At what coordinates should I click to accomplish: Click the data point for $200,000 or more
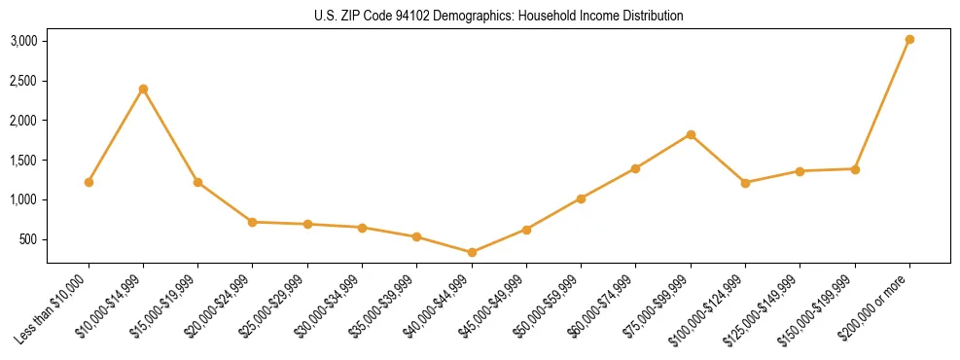pos(909,39)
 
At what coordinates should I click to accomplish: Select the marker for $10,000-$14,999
pos(143,89)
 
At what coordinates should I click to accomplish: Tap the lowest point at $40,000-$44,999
pos(472,252)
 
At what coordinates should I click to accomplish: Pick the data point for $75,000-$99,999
pos(691,134)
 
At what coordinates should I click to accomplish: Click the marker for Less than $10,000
pos(89,182)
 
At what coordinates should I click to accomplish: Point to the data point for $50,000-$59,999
pos(581,198)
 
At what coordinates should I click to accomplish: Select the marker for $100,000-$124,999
pos(745,183)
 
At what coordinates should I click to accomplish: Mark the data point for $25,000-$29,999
pos(307,224)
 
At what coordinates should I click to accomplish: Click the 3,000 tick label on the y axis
pos(23,41)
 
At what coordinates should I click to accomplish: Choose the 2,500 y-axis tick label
pos(23,81)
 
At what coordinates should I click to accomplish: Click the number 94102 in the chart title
pos(409,16)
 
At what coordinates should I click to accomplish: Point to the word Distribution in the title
pos(651,16)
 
